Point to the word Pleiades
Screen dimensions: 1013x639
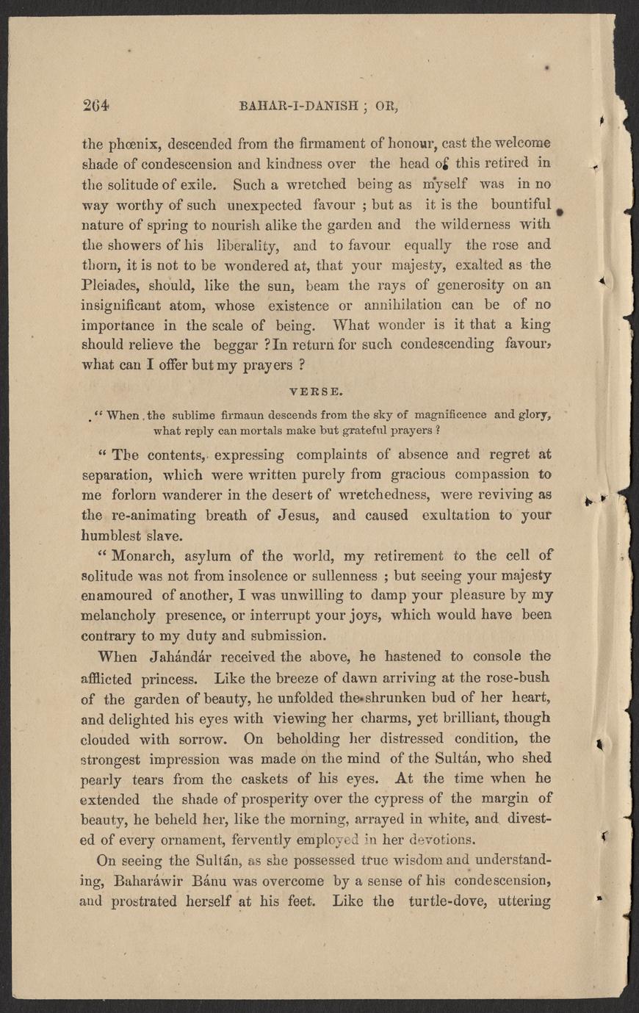click(110, 284)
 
